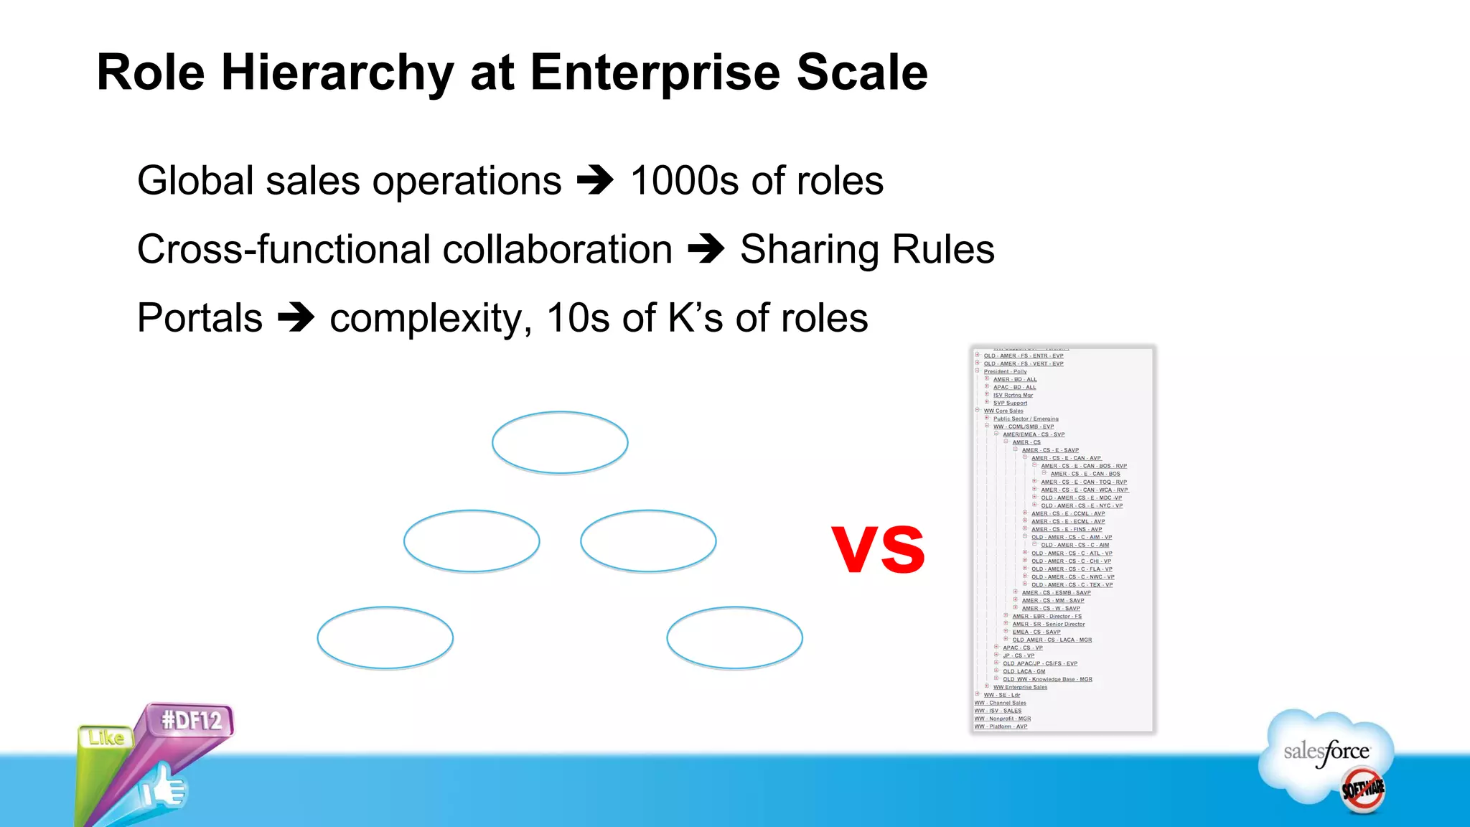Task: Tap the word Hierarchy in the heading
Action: [x=337, y=73]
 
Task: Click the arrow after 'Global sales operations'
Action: [x=596, y=180]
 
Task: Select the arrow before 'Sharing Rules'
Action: [x=706, y=249]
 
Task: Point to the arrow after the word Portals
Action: [x=296, y=318]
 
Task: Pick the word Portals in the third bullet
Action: [x=200, y=318]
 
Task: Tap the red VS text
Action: [x=879, y=549]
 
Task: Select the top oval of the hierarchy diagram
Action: [x=560, y=442]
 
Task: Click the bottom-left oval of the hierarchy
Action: [x=385, y=637]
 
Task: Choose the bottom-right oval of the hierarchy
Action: [x=734, y=637]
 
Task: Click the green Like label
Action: [x=106, y=737]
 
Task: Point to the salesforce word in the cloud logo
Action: [x=1326, y=752]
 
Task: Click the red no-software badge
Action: [x=1362, y=790]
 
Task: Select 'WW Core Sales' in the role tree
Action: [x=1003, y=411]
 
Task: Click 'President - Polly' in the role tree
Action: [x=1005, y=372]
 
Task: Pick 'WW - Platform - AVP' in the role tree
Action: [x=1001, y=726]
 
